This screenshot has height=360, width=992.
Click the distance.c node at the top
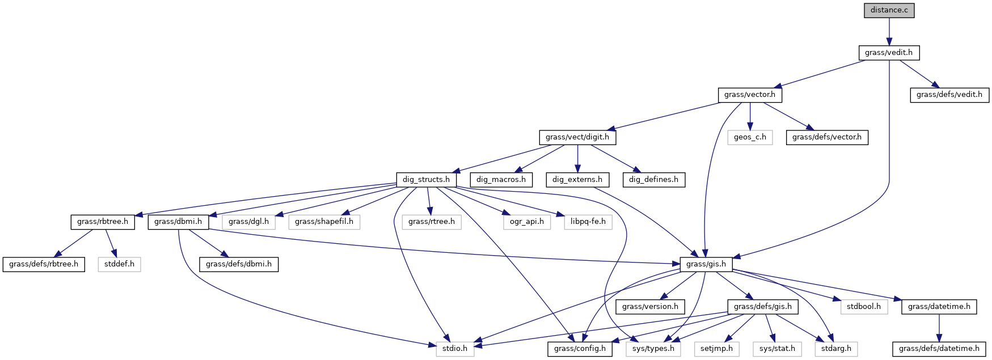point(889,10)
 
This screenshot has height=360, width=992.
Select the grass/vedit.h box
point(889,53)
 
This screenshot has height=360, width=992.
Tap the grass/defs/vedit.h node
point(949,95)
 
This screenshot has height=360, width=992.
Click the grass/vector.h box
point(749,95)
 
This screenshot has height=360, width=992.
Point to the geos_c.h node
point(750,137)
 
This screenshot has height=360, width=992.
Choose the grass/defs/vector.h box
point(826,137)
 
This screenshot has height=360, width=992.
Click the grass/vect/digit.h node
point(577,137)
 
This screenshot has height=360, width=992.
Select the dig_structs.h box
point(426,180)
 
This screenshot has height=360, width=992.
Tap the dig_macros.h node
point(501,180)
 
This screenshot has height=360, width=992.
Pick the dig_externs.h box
point(577,180)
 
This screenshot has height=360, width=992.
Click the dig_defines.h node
point(653,180)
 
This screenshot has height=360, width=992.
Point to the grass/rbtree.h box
point(103,222)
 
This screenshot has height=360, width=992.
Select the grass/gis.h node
point(706,264)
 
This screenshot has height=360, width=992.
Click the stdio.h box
point(455,349)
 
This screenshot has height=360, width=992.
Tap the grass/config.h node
point(580,349)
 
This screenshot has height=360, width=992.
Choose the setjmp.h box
point(716,349)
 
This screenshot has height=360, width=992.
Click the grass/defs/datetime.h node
point(939,349)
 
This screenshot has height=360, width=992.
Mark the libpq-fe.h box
point(588,222)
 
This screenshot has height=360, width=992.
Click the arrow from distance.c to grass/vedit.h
point(889,31)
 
